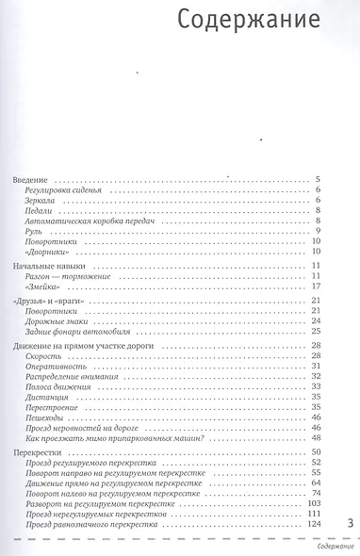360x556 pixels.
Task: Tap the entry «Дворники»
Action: [49, 253]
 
